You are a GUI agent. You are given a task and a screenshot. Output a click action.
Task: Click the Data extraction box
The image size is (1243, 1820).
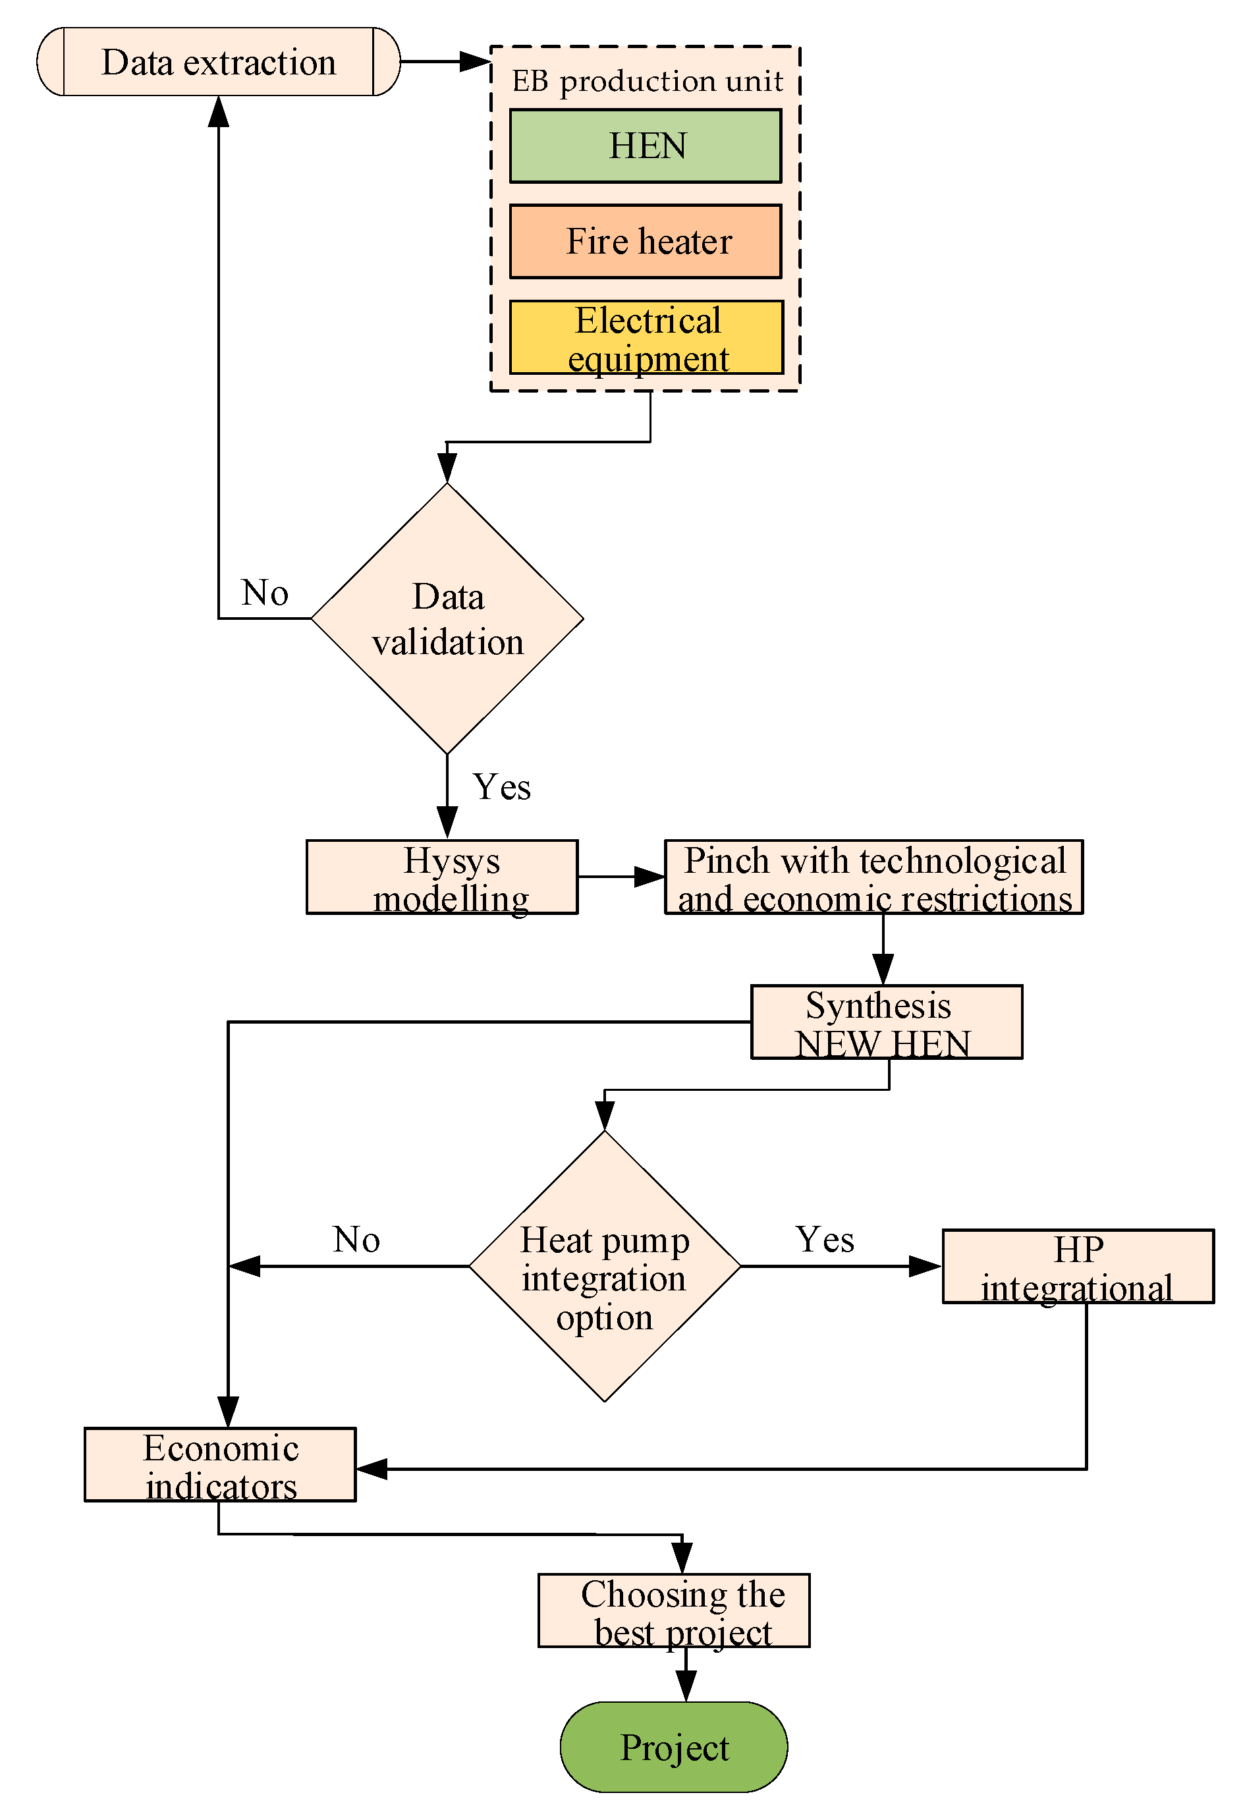(219, 62)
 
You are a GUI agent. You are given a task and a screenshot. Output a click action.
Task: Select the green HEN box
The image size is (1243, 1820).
(646, 146)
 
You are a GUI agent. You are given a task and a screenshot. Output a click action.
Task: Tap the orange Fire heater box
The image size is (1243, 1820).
(646, 241)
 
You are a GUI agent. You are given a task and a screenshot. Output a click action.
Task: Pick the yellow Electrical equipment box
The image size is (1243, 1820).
(646, 337)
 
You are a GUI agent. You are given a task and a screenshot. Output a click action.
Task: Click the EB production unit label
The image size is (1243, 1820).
(647, 80)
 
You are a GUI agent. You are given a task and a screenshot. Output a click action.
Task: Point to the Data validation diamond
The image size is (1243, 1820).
(447, 619)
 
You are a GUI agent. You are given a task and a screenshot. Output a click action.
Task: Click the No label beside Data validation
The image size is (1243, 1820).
(265, 593)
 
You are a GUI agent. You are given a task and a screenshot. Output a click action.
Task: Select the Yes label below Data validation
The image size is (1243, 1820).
(501, 787)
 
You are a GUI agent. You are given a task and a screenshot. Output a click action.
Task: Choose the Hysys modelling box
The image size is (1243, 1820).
(442, 877)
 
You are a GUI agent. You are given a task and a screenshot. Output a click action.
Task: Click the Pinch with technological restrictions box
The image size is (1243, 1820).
(873, 877)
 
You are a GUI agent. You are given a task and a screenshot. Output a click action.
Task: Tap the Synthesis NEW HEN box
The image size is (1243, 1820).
(886, 1022)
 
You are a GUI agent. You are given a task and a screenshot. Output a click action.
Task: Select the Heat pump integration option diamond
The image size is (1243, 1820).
(605, 1266)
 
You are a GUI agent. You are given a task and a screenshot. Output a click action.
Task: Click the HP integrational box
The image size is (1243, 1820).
(1078, 1266)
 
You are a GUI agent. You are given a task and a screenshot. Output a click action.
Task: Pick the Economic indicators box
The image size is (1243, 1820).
(220, 1464)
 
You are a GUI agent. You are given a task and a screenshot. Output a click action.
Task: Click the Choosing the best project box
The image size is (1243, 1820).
(674, 1611)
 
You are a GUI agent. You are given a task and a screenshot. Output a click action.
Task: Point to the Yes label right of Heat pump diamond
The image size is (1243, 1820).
(825, 1240)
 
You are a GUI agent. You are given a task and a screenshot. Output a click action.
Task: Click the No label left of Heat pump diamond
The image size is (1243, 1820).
(356, 1240)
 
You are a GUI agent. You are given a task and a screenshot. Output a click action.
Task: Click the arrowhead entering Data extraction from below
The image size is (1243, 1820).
(219, 111)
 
